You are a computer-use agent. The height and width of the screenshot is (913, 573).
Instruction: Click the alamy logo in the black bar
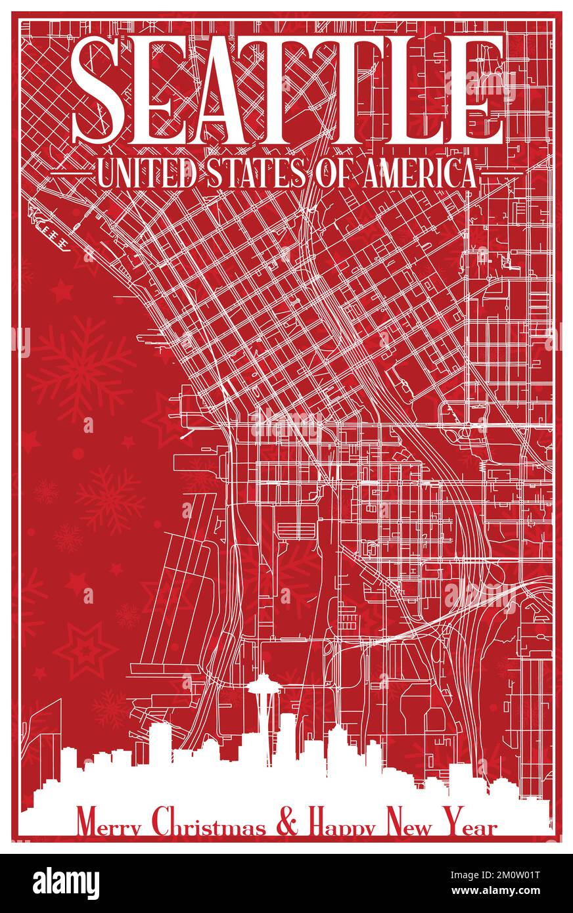pyautogui.click(x=66, y=883)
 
